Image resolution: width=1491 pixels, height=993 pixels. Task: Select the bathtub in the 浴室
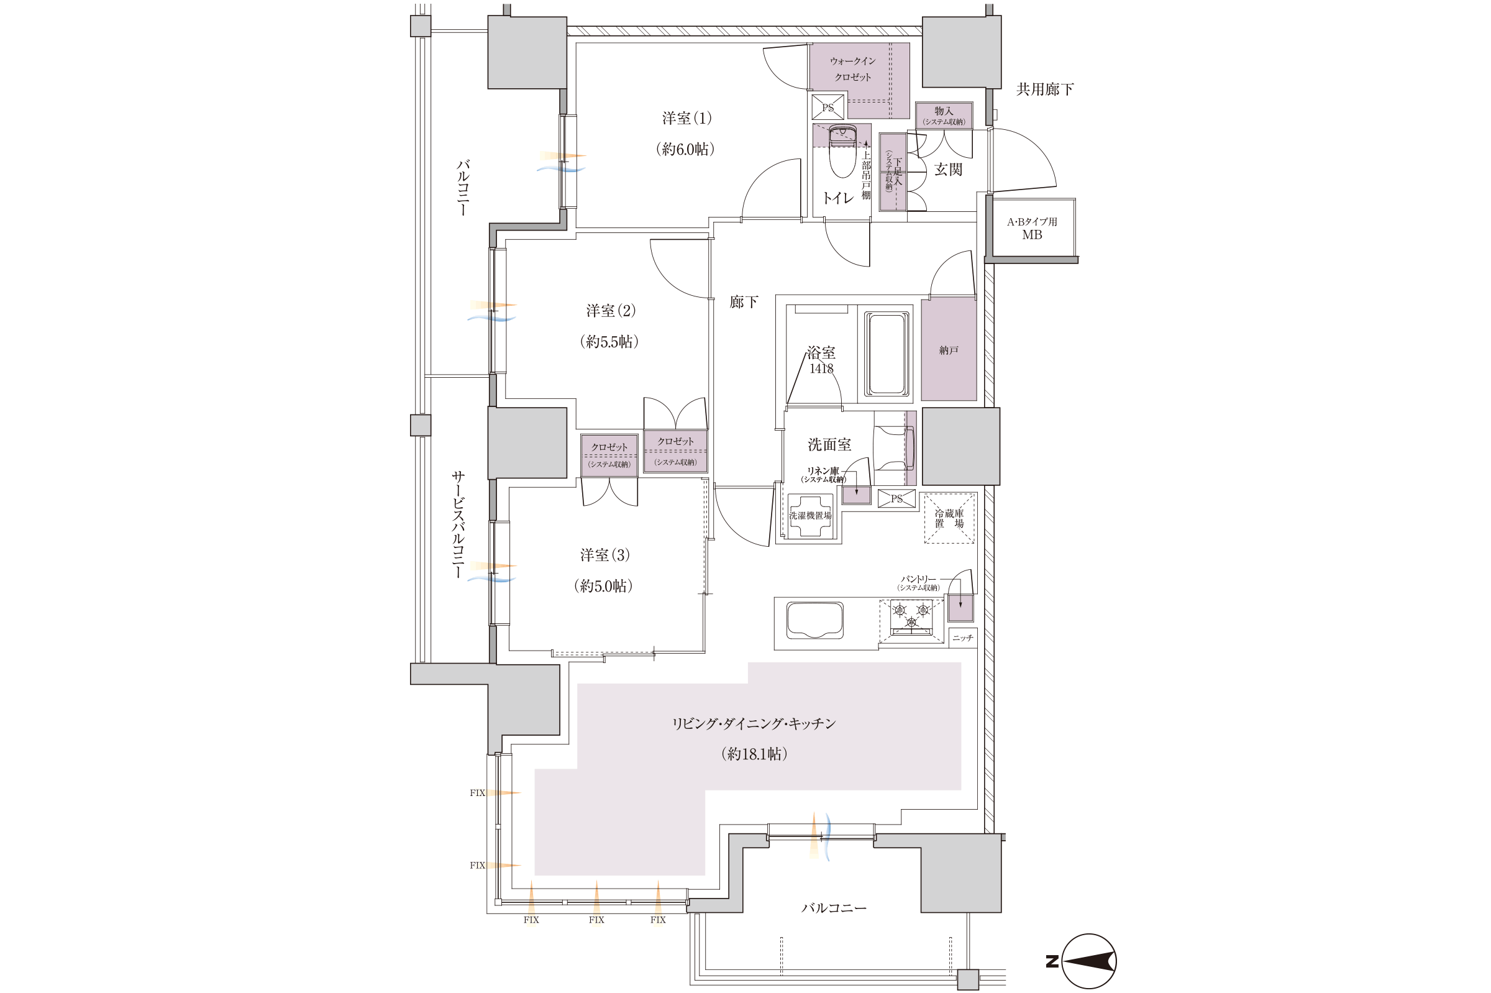pyautogui.click(x=887, y=354)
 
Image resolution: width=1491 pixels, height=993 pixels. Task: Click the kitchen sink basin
pyautogui.click(x=814, y=621)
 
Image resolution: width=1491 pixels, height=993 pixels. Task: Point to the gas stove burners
pyautogui.click(x=911, y=617)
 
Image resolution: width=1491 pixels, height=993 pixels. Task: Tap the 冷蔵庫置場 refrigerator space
pyautogui.click(x=949, y=518)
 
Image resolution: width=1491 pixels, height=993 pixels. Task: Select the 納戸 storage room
pyautogui.click(x=949, y=349)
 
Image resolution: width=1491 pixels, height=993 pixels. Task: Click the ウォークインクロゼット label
pyautogui.click(x=853, y=69)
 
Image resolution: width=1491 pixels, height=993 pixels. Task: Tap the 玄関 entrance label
pyautogui.click(x=949, y=170)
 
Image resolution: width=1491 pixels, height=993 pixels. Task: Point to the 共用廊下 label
pyautogui.click(x=1045, y=89)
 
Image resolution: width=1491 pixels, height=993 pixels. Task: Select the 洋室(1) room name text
pyautogui.click(x=687, y=119)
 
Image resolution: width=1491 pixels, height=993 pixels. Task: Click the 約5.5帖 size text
pyautogui.click(x=609, y=342)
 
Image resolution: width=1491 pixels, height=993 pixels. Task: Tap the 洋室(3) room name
pyautogui.click(x=604, y=556)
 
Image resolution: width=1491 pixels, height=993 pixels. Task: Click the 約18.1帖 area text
pyautogui.click(x=754, y=754)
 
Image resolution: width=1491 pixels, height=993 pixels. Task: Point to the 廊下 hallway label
pyautogui.click(x=743, y=302)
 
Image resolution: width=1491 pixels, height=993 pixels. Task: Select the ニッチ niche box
pyautogui.click(x=962, y=638)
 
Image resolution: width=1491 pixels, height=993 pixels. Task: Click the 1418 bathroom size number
pyautogui.click(x=821, y=368)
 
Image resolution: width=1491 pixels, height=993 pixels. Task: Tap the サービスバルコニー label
pyautogui.click(x=458, y=525)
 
